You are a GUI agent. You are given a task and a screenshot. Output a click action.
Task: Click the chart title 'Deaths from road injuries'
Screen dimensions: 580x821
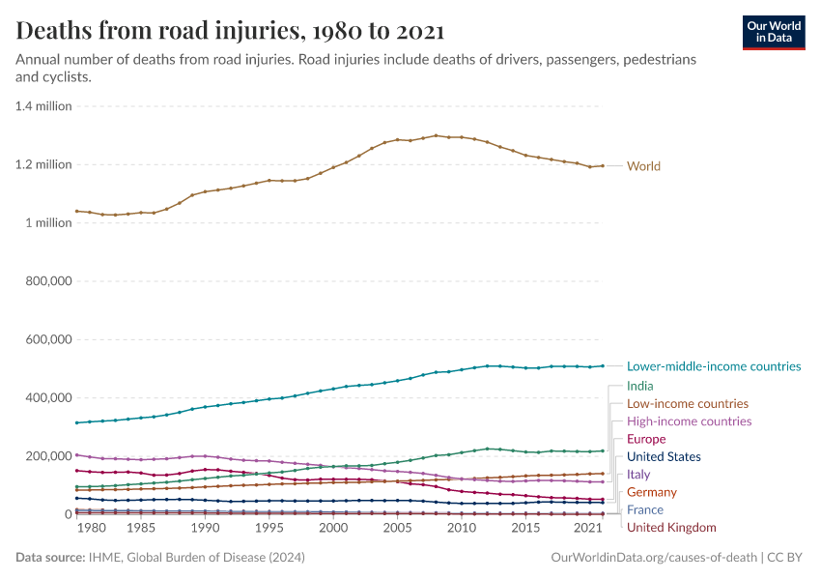pyautogui.click(x=231, y=31)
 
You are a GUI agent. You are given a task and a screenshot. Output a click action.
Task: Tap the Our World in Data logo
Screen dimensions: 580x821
pyautogui.click(x=773, y=32)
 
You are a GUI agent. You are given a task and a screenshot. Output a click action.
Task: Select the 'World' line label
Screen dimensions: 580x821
pyautogui.click(x=643, y=166)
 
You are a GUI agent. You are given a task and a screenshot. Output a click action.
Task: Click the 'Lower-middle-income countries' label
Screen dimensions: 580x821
pyautogui.click(x=714, y=366)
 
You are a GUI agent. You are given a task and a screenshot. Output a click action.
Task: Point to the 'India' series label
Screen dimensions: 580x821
pyautogui.click(x=639, y=386)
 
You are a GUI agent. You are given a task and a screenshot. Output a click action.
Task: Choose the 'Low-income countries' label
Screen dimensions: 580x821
pyautogui.click(x=687, y=403)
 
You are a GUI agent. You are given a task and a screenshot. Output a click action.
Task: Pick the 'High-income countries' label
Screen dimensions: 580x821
pyautogui.click(x=689, y=421)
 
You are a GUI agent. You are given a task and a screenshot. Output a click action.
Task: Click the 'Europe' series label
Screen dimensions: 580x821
pyautogui.click(x=646, y=439)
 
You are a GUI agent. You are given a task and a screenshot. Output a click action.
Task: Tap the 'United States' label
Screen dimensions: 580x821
pyautogui.click(x=664, y=456)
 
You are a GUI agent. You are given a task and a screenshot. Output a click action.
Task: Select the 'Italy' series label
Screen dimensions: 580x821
pyautogui.click(x=638, y=475)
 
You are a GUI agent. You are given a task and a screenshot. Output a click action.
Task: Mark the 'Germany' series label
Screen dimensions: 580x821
pyautogui.click(x=652, y=492)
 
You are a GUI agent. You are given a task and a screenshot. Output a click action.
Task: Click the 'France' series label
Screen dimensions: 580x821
pyautogui.click(x=645, y=509)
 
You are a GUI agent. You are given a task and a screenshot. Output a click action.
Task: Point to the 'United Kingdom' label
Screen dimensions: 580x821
pyautogui.click(x=671, y=528)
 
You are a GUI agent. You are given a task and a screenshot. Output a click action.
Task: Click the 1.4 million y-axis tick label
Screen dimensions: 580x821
pyautogui.click(x=43, y=106)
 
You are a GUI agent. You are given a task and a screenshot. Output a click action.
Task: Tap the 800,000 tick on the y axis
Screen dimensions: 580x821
pyautogui.click(x=45, y=281)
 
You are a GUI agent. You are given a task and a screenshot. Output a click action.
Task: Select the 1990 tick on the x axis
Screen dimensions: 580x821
pyautogui.click(x=205, y=529)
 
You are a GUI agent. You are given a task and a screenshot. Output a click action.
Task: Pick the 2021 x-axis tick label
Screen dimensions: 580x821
pyautogui.click(x=588, y=529)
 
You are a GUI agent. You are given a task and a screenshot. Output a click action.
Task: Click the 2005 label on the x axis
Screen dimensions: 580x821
pyautogui.click(x=397, y=529)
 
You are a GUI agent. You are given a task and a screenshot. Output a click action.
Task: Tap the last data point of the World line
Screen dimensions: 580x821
pyautogui.click(x=603, y=166)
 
